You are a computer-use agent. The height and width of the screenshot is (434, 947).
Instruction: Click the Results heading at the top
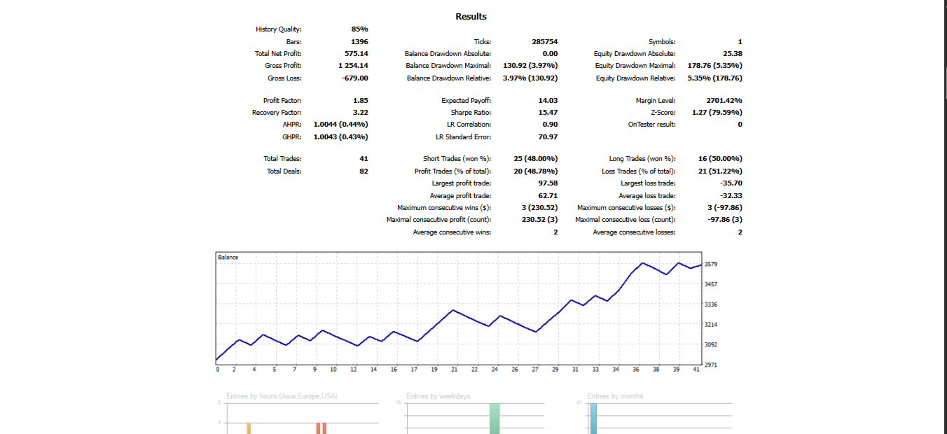coord(471,16)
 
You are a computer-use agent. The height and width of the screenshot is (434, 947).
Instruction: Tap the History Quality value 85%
coord(359,29)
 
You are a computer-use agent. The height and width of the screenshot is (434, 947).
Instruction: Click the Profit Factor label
coord(282,101)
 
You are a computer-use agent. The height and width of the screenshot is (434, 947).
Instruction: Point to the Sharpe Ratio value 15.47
coord(548,113)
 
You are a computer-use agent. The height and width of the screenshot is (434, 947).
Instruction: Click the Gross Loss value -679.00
coord(354,78)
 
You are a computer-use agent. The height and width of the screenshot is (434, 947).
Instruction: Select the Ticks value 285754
coord(545,42)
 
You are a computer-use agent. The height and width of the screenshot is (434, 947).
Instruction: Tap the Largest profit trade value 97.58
coord(548,183)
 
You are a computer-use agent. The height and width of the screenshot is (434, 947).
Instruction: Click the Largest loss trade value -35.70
coord(731,183)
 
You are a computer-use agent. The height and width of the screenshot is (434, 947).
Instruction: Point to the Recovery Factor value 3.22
coord(361,113)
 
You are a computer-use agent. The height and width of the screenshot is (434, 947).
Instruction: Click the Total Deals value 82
coord(364,171)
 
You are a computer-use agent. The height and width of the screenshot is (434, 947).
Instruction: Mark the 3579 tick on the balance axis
coord(711,265)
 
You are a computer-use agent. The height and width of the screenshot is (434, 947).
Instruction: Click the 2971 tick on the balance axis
coord(711,365)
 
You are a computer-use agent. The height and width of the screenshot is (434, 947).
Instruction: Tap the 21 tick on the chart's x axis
coord(454,370)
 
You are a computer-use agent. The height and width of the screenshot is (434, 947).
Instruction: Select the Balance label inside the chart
coord(228,258)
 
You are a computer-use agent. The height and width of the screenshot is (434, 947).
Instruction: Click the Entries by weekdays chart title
coord(438,396)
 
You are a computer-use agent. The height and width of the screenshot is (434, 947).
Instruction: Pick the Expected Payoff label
coord(466,101)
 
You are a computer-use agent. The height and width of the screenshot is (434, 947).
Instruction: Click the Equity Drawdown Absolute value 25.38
coord(733,53)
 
